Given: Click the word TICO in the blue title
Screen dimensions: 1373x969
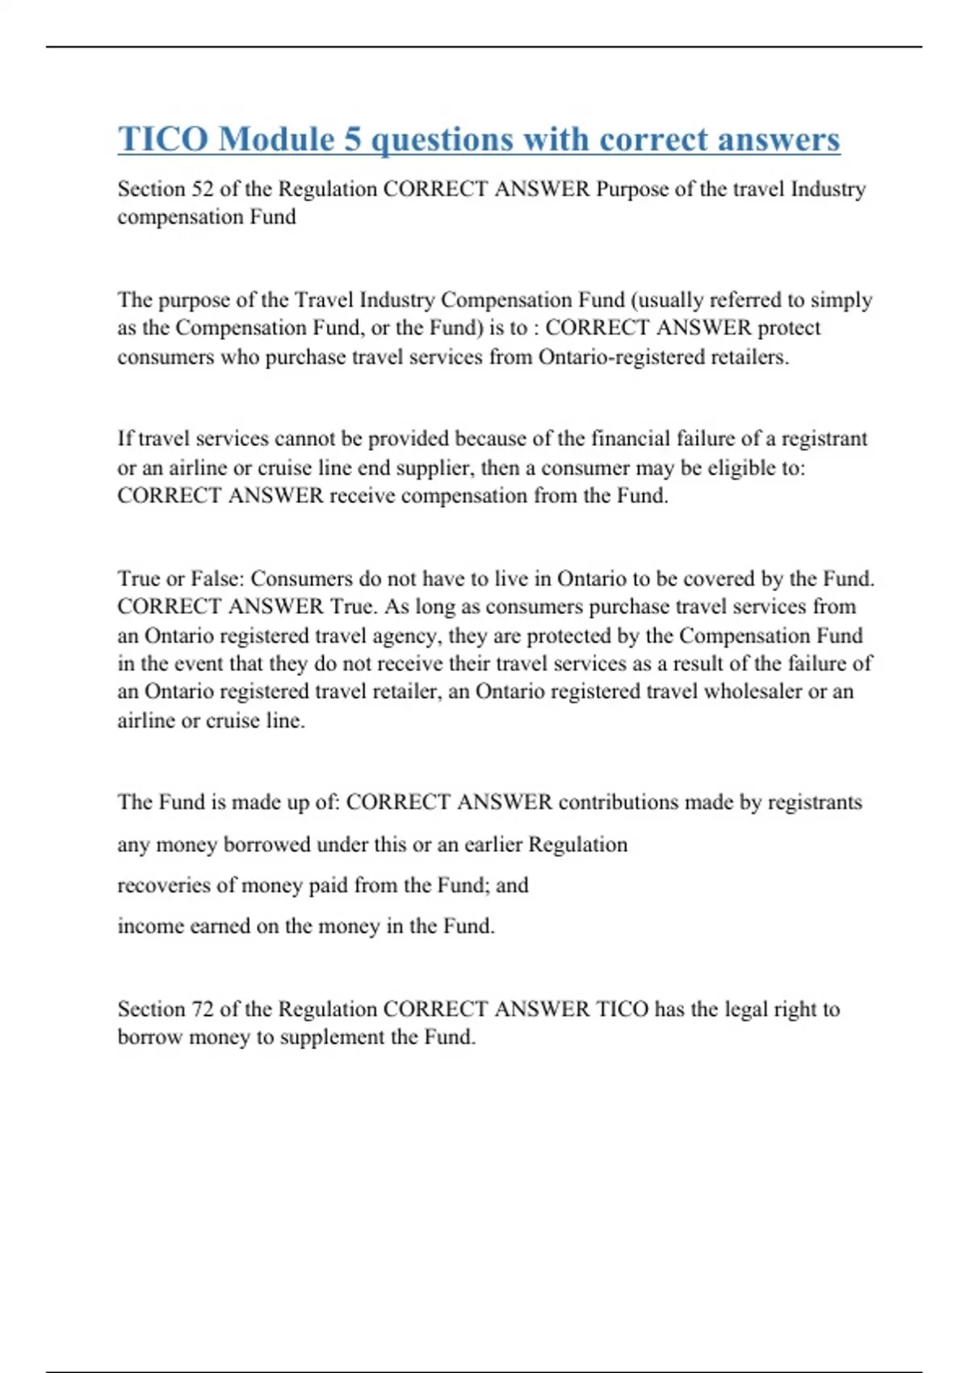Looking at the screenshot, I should (x=162, y=139).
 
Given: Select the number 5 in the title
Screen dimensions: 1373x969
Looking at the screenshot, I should (x=353, y=139).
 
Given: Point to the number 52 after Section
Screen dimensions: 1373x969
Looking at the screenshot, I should (x=202, y=189).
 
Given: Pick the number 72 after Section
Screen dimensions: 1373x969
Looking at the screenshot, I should (x=202, y=1009).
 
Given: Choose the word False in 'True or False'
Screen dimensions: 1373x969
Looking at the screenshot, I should (x=216, y=578).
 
